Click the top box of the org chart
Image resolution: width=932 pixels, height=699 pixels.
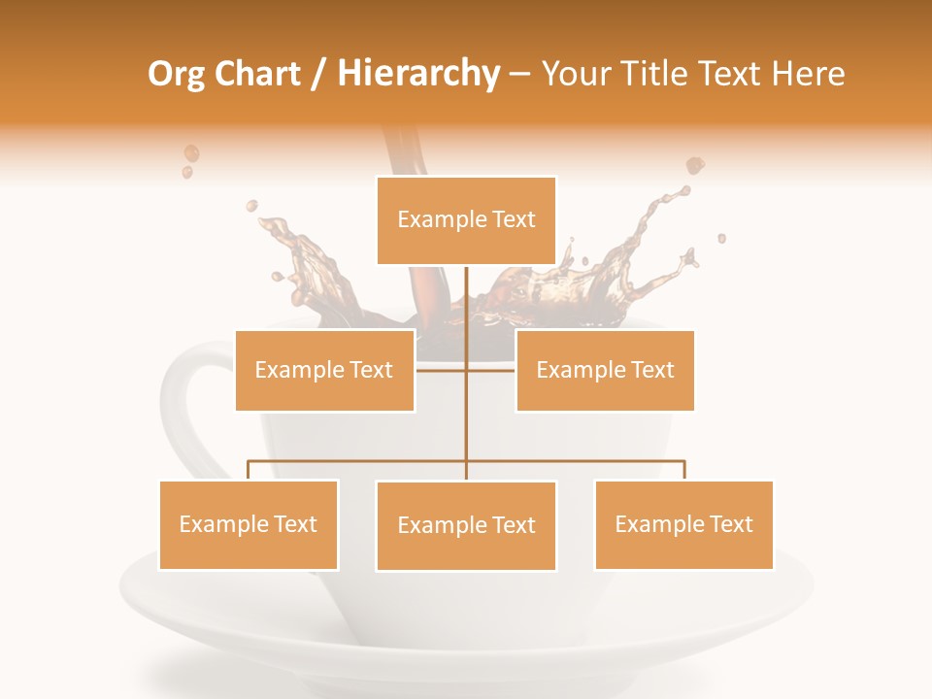pyautogui.click(x=466, y=220)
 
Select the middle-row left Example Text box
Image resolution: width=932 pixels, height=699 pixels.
pyautogui.click(x=324, y=370)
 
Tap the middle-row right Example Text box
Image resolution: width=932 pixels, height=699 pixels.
pyautogui.click(x=605, y=370)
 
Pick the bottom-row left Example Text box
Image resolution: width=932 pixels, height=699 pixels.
pyautogui.click(x=249, y=524)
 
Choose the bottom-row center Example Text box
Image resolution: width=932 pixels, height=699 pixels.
pyautogui.click(x=466, y=525)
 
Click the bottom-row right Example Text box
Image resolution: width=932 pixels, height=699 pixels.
pyautogui.click(x=683, y=524)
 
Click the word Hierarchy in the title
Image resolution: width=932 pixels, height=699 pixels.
pyautogui.click(x=417, y=74)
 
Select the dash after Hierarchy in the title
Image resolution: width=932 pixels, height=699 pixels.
pyautogui.click(x=519, y=75)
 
